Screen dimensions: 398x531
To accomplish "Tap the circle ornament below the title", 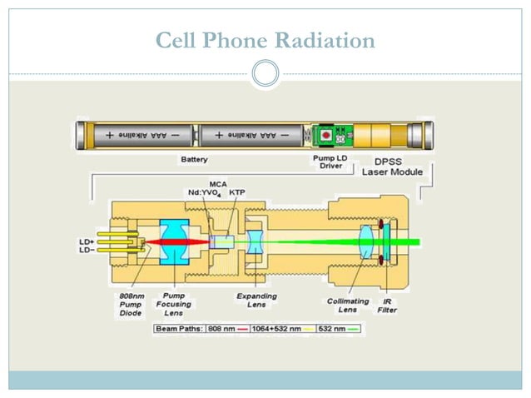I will click(x=265, y=74).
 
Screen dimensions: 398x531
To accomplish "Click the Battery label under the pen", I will click(x=194, y=158).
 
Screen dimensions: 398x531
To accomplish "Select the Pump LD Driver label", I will click(x=326, y=161).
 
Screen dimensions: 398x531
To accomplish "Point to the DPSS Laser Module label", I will click(x=392, y=166).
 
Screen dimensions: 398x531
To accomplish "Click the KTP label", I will click(x=236, y=192).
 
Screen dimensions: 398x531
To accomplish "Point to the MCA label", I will click(x=218, y=182).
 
